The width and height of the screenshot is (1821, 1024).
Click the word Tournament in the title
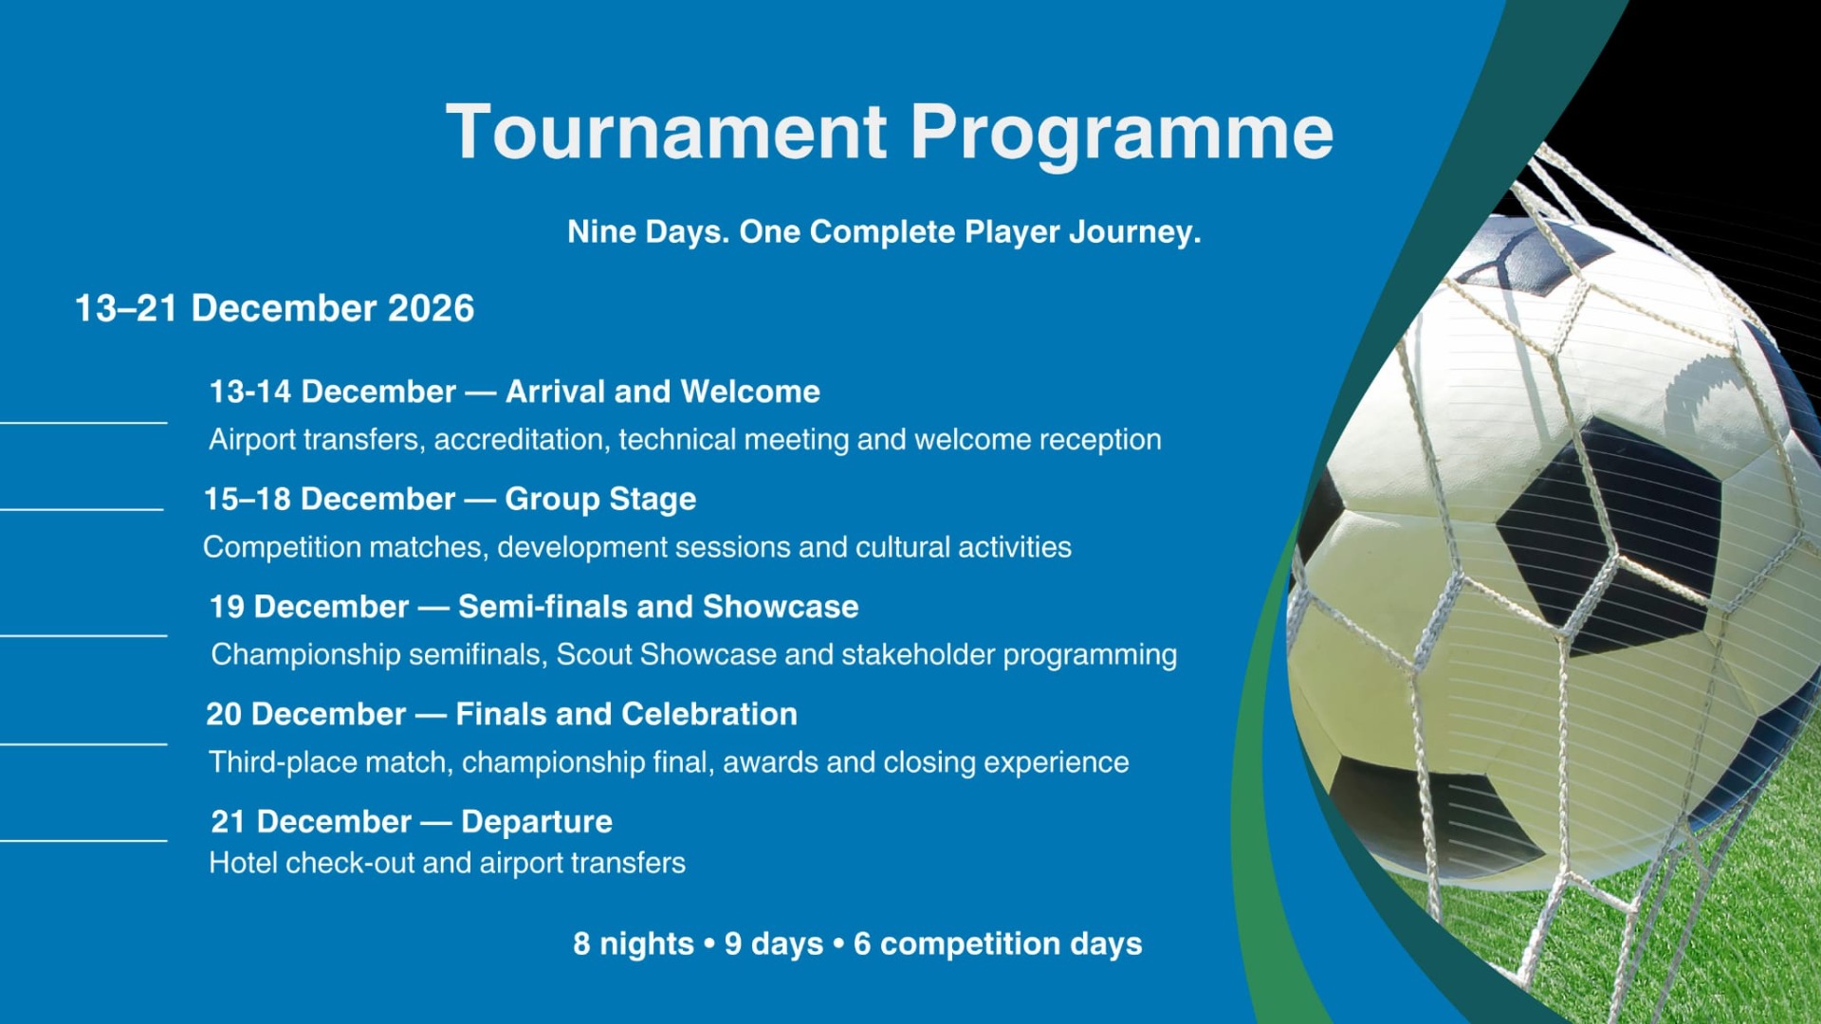[666, 132]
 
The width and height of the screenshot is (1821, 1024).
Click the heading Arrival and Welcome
[663, 392]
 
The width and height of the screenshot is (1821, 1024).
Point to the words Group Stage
[600, 500]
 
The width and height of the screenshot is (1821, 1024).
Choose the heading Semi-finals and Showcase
[658, 607]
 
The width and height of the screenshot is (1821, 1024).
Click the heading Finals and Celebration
[626, 714]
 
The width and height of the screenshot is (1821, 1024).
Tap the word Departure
[537, 822]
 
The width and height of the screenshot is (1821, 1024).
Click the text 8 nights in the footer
[634, 944]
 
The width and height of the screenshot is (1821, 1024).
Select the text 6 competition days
[998, 944]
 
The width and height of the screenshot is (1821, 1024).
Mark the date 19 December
[309, 607]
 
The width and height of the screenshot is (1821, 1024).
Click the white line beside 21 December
[83, 840]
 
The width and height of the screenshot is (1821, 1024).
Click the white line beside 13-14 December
[83, 422]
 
